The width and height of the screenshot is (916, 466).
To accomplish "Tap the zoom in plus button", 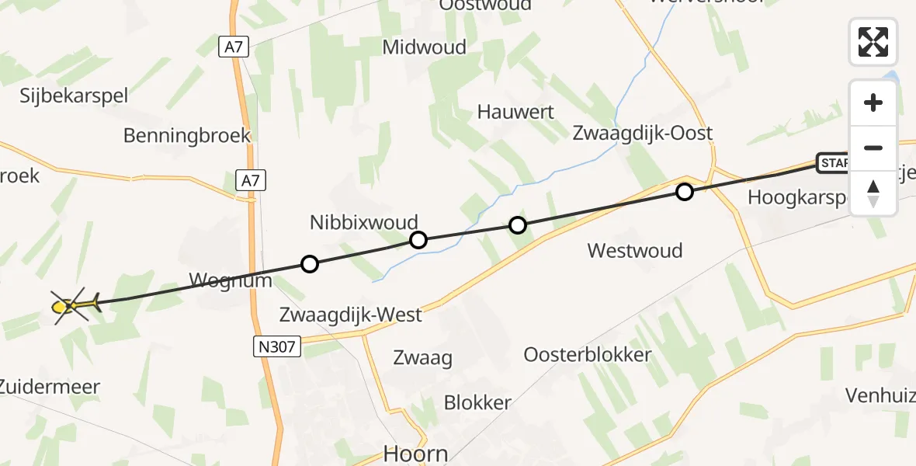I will click(873, 103).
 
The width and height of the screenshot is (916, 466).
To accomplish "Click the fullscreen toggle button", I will click(873, 42).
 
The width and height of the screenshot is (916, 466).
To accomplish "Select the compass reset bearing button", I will click(873, 192).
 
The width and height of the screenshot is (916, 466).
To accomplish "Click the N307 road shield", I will click(278, 346).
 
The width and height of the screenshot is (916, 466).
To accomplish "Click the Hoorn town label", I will click(416, 454).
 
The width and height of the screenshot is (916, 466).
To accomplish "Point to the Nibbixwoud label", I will click(364, 222).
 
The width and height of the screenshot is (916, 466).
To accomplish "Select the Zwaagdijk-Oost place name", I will click(643, 133).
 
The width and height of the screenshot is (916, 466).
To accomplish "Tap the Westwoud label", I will click(635, 250).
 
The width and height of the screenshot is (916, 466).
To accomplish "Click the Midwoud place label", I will click(425, 47).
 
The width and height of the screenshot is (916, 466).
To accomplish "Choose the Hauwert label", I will click(515, 112).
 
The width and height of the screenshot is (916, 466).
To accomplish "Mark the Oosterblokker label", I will click(587, 355).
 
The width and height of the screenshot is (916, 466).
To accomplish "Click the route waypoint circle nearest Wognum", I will click(309, 265).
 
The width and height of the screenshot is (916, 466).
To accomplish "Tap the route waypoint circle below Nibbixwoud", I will click(418, 240).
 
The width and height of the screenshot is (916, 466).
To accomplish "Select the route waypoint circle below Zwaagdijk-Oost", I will click(684, 192).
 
